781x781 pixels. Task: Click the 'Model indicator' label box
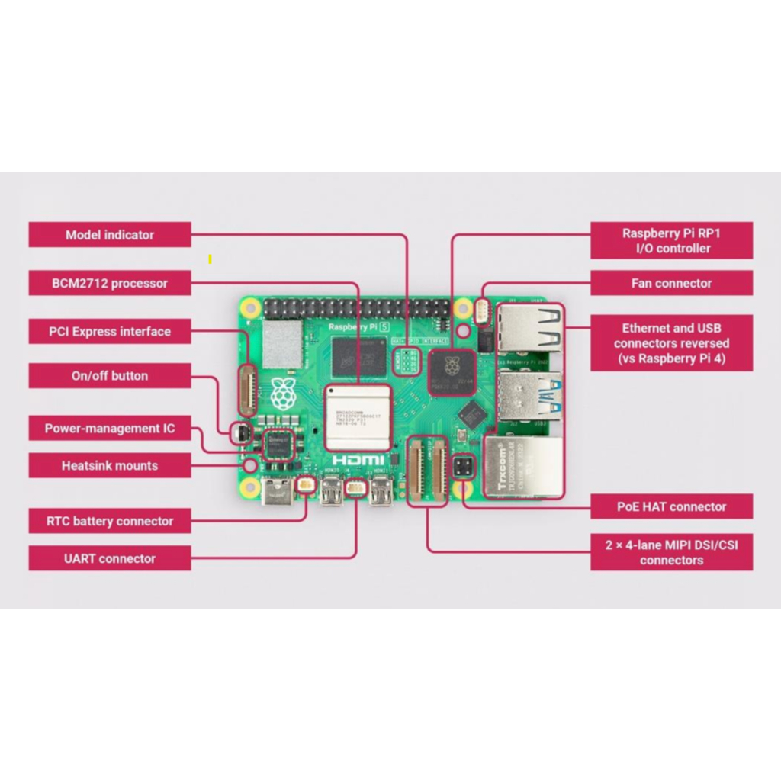pos(110,235)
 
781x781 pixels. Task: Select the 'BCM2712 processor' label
pos(110,283)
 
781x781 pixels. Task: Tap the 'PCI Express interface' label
pos(110,332)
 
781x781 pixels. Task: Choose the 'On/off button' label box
pos(110,376)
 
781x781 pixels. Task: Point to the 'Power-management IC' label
pos(110,429)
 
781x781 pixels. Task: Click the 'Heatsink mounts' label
pos(110,465)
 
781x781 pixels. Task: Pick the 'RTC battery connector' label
pos(110,522)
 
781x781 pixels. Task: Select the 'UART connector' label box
pos(110,558)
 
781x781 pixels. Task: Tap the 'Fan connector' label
pos(671,283)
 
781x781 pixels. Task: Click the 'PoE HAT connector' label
pos(671,506)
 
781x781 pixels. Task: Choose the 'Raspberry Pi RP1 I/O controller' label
pos(671,241)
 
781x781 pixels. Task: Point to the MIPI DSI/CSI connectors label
pos(671,552)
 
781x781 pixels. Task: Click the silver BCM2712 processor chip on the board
pos(358,417)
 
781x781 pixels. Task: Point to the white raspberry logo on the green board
pos(282,392)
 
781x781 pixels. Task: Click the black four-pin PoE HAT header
pos(463,467)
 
